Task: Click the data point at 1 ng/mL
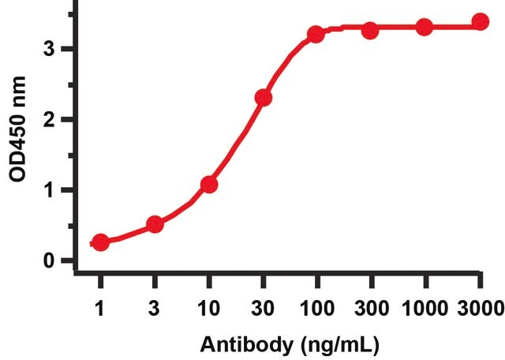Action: click(x=101, y=242)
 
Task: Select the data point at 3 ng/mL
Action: click(x=155, y=223)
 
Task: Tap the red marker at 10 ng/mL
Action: click(x=209, y=185)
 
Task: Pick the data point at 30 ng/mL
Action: click(x=264, y=98)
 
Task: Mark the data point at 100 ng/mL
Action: click(x=316, y=35)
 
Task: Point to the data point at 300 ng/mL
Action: click(x=370, y=31)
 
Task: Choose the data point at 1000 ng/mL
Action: click(x=425, y=28)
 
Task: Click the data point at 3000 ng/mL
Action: click(x=481, y=22)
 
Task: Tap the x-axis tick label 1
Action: click(x=100, y=309)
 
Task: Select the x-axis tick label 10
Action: click(x=209, y=309)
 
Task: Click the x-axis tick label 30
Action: click(x=263, y=309)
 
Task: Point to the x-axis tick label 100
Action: click(x=317, y=309)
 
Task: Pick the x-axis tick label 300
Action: click(x=372, y=309)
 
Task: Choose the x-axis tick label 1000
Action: click(x=425, y=309)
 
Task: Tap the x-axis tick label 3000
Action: click(x=481, y=309)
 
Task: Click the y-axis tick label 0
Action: click(x=49, y=261)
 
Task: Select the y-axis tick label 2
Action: click(x=49, y=119)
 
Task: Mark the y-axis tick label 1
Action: click(x=50, y=190)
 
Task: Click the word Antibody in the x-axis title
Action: click(x=246, y=344)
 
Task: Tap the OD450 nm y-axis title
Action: click(x=17, y=129)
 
